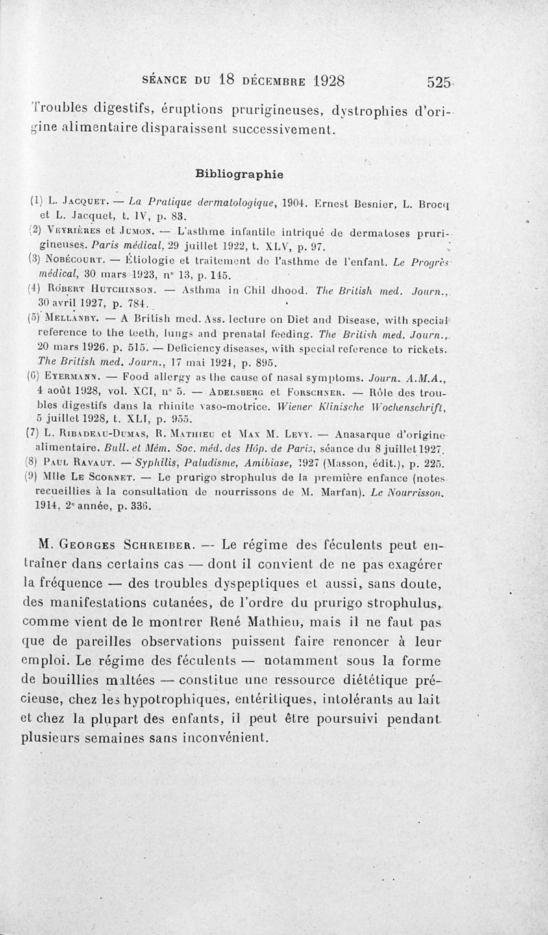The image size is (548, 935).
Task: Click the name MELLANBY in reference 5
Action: pyautogui.click(x=77, y=320)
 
